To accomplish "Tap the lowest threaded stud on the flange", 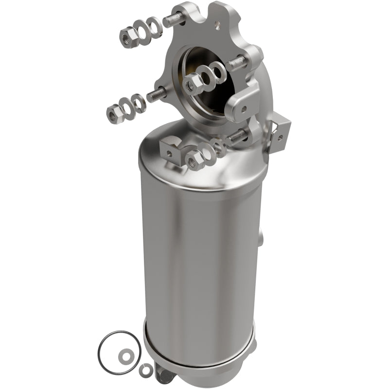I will click(237, 138).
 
